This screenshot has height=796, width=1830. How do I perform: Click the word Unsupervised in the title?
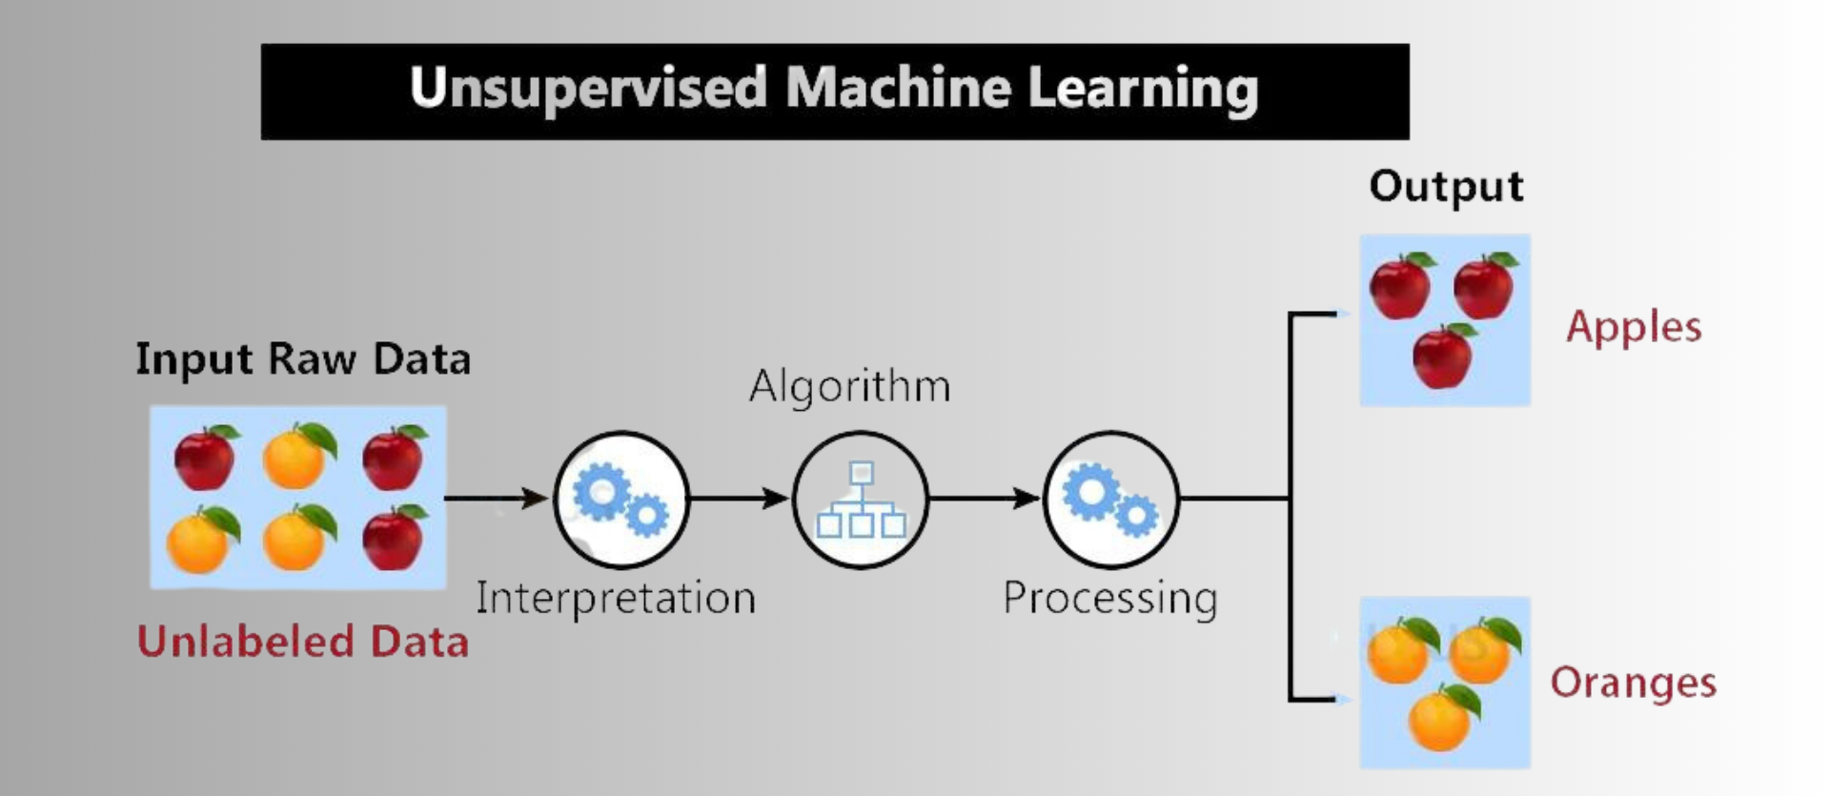[588, 89]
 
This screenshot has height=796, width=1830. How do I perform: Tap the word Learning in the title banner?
[1143, 89]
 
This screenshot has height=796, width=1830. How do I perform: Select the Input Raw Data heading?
[303, 359]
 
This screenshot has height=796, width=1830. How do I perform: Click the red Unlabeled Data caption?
[303, 642]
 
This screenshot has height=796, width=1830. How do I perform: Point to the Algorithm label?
[849, 387]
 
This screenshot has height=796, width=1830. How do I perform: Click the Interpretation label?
[616, 599]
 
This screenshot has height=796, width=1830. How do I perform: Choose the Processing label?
[1110, 599]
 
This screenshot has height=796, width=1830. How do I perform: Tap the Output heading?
[1446, 186]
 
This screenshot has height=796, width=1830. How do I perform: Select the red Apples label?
[1634, 327]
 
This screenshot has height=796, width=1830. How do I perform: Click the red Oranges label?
[1633, 683]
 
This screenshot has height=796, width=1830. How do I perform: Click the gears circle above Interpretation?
[621, 499]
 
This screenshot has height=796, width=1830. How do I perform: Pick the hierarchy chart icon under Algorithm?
[861, 500]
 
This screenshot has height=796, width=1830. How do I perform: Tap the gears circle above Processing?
[1110, 499]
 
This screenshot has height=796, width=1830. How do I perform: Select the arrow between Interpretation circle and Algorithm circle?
[739, 498]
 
